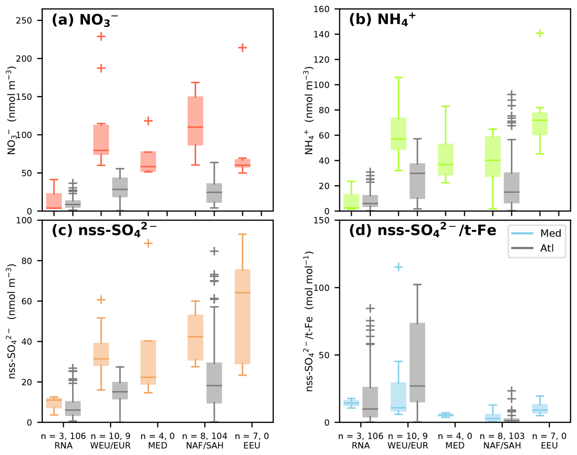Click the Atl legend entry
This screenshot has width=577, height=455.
pyautogui.click(x=537, y=248)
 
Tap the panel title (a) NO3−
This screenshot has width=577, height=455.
pyautogui.click(x=84, y=20)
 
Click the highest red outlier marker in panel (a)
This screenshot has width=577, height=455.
pyautogui.click(x=101, y=37)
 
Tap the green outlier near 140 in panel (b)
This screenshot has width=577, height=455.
pyautogui.click(x=540, y=33)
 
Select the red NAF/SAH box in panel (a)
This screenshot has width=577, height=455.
pyautogui.click(x=195, y=121)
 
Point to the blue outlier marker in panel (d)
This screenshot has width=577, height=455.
pyautogui.click(x=398, y=267)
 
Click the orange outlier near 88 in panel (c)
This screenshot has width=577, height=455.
pyautogui.click(x=148, y=243)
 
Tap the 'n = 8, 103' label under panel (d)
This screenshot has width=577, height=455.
pyautogui.click(x=502, y=436)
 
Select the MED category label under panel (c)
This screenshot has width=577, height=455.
pyautogui.click(x=158, y=446)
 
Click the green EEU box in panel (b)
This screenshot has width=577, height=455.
pyautogui.click(x=540, y=124)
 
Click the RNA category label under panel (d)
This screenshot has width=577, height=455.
pyautogui.click(x=361, y=446)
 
